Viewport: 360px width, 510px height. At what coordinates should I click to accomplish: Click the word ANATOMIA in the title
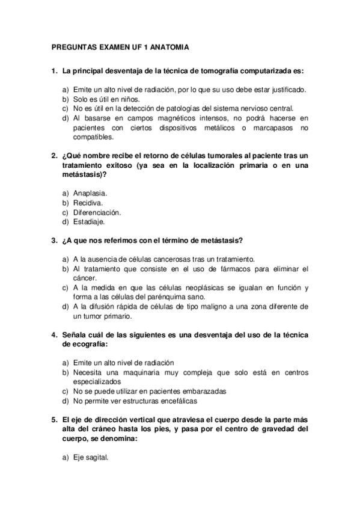pos(170,46)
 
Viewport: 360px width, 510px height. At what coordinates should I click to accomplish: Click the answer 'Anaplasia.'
pos(90,193)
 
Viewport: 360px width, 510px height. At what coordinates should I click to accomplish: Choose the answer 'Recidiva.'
pos(88,203)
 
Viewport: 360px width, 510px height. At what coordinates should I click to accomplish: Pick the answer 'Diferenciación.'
pos(97,212)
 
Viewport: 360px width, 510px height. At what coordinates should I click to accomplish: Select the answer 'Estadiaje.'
pos(89,222)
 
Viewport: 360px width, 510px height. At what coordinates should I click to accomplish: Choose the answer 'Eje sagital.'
pos(90,458)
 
